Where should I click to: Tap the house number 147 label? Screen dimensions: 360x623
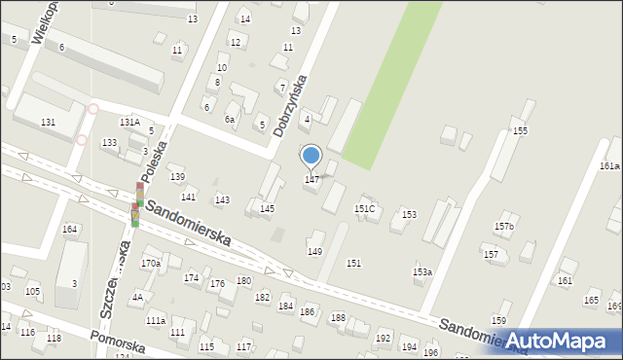(311, 179)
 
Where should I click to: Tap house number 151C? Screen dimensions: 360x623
(365, 208)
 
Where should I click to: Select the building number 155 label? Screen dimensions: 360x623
(520, 130)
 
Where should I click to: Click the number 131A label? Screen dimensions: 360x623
(129, 122)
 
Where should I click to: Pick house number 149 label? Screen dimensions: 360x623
(314, 251)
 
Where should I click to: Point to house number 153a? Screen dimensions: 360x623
(422, 271)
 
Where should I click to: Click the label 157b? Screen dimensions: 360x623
(503, 226)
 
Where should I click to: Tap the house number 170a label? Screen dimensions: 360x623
(151, 263)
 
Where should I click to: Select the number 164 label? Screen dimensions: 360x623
(69, 229)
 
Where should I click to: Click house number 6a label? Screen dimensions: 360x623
(230, 119)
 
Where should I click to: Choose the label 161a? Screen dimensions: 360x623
(609, 166)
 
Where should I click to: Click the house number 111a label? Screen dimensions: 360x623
(156, 320)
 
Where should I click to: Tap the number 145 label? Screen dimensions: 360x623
(267, 208)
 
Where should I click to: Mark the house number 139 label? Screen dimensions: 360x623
(177, 176)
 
